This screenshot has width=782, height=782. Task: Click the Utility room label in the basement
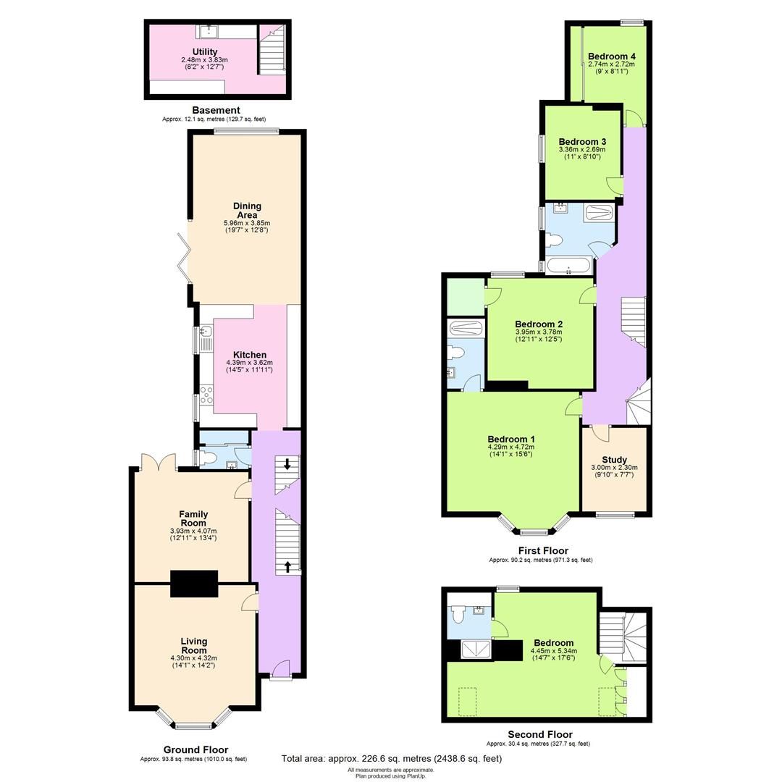(x=205, y=51)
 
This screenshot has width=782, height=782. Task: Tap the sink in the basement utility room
(x=209, y=30)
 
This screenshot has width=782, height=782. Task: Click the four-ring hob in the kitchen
(x=206, y=395)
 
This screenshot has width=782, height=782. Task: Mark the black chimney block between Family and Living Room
(x=194, y=584)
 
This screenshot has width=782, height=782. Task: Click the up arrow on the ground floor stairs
(x=289, y=566)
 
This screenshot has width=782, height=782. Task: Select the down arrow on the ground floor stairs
(x=287, y=464)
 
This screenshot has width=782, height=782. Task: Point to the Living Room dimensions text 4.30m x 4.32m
(x=193, y=657)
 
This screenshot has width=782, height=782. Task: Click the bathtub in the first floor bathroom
(x=569, y=266)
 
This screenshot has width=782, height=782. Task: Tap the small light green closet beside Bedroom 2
(x=466, y=296)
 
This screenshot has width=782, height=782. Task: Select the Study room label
(x=615, y=459)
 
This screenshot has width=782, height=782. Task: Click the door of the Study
(x=600, y=432)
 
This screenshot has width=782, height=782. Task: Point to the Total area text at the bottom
(x=391, y=759)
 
